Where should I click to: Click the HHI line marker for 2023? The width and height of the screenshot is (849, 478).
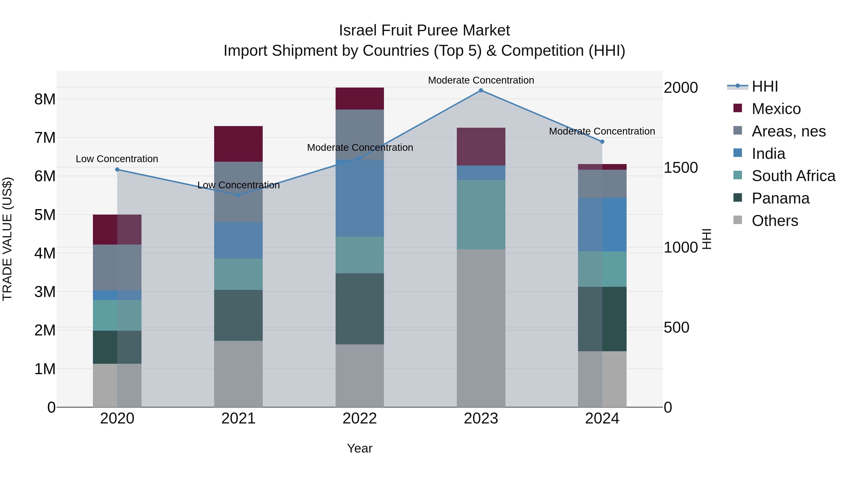pos(481,90)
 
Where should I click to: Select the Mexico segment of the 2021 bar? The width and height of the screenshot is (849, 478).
pos(238,144)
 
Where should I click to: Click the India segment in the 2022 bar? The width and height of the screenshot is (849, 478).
pos(360,198)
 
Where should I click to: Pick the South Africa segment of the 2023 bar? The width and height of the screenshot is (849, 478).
pos(481,214)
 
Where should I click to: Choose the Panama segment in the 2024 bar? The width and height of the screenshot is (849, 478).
pos(602,319)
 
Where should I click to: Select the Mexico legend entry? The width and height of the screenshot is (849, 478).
pos(776,109)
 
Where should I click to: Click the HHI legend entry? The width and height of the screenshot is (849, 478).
pos(765,86)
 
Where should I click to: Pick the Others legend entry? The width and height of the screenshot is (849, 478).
pos(774,221)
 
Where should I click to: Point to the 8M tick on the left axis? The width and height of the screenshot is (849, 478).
pos(45,99)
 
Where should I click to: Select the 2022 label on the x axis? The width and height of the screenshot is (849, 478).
pos(360,419)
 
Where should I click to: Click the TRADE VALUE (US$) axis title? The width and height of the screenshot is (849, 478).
pos(7,239)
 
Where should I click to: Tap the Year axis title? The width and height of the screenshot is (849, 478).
pos(360,448)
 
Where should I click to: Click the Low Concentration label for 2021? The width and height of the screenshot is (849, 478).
pos(238,185)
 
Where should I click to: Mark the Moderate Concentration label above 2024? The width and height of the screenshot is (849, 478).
pos(602,131)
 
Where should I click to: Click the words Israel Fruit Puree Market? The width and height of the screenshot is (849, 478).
pos(424,30)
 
